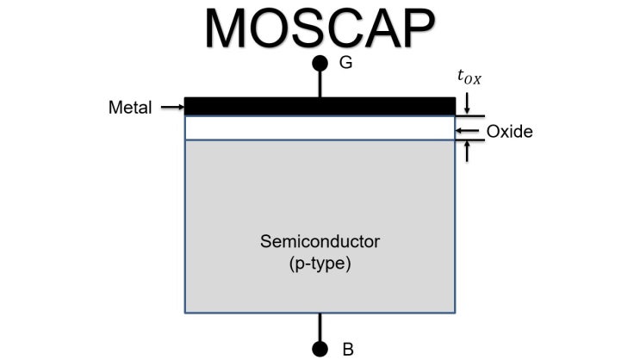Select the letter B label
pyautogui.click(x=348, y=349)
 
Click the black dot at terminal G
pyautogui.click(x=320, y=63)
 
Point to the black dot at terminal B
pyautogui.click(x=320, y=348)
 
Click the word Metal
pyautogui.click(x=131, y=108)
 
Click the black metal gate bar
pyautogui.click(x=320, y=106)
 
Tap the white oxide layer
pyautogui.click(x=320, y=128)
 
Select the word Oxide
pyautogui.click(x=510, y=132)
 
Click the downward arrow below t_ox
pyautogui.click(x=466, y=103)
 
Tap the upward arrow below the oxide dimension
pyautogui.click(x=466, y=152)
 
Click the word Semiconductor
pyautogui.click(x=320, y=241)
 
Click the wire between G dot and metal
pyautogui.click(x=320, y=84)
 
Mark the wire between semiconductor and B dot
pyautogui.click(x=320, y=327)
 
